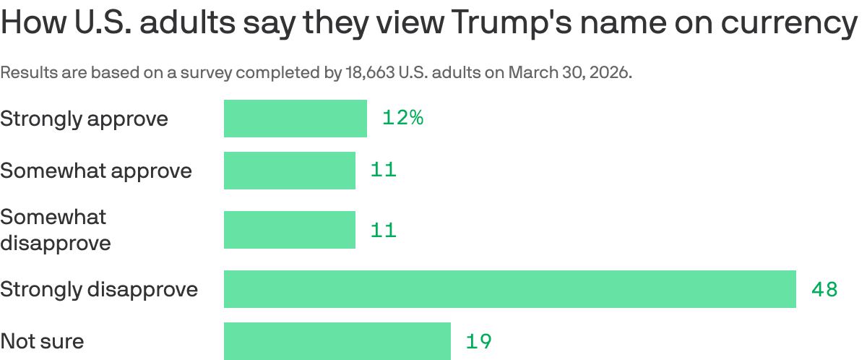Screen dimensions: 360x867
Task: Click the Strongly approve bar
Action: coord(295,119)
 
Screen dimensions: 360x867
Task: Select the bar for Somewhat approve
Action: coord(289,171)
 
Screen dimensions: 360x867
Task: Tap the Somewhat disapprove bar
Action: coord(289,230)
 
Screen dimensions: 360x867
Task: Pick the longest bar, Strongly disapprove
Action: coord(509,289)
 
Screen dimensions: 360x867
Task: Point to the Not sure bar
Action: coord(337,341)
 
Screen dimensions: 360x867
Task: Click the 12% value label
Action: coord(402,118)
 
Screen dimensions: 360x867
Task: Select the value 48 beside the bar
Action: coord(824,289)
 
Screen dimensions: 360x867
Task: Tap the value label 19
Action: coord(478,341)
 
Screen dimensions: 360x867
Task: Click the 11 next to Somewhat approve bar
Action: coord(384,171)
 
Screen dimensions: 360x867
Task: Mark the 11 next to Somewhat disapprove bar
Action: coord(384,230)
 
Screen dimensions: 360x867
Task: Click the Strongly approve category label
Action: coord(84,119)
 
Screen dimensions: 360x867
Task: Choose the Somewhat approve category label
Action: coord(96,171)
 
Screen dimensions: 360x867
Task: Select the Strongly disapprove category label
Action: coord(99,289)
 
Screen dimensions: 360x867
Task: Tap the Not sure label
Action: coord(42,341)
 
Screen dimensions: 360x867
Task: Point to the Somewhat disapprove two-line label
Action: coord(55,230)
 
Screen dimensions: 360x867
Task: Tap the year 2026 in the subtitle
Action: coord(611,73)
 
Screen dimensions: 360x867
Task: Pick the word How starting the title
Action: coord(33,23)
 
